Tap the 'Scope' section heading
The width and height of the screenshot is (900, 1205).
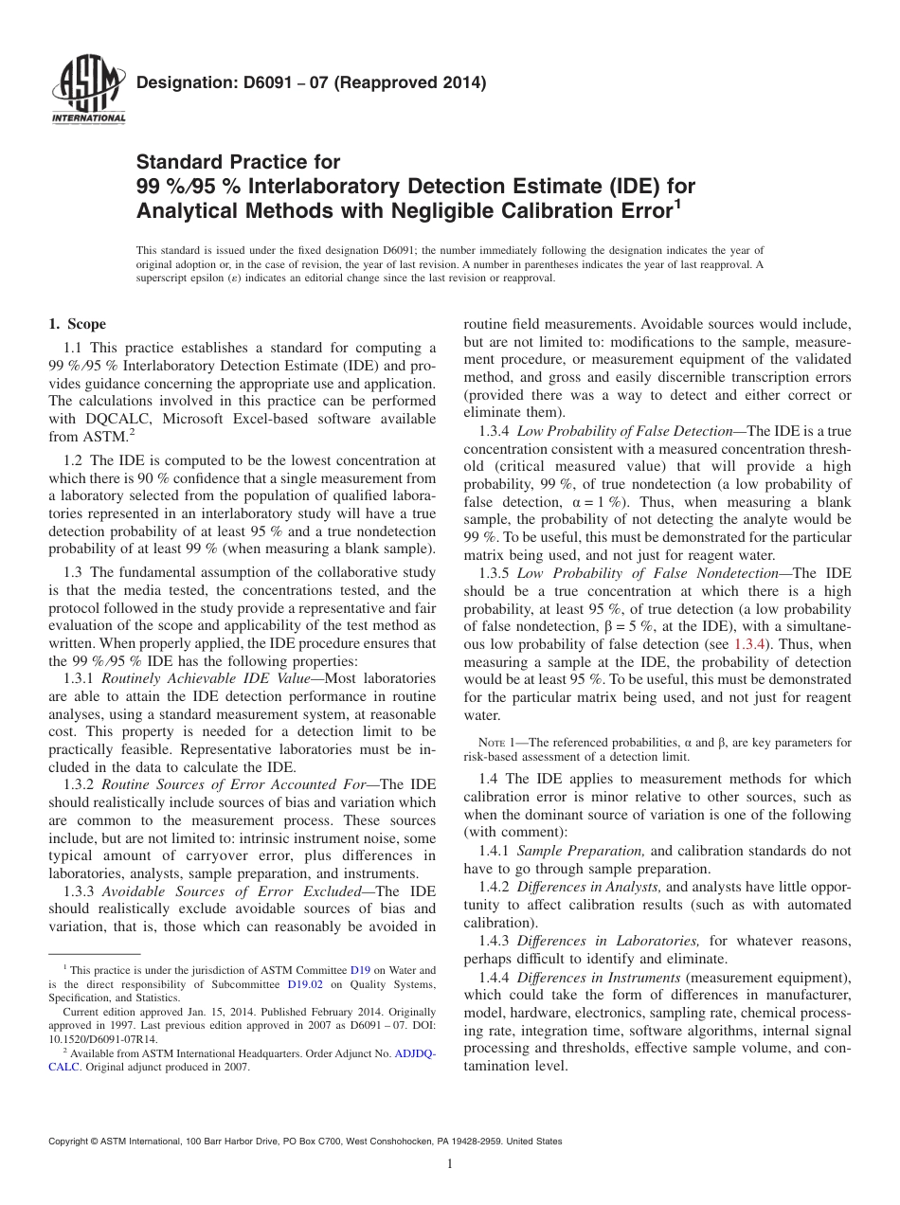84,324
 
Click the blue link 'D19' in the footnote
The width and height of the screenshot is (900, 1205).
360,970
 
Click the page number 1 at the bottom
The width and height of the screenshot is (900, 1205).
450,1164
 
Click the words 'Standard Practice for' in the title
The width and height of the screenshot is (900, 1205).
238,162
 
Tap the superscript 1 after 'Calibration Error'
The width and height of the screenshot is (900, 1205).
676,202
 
